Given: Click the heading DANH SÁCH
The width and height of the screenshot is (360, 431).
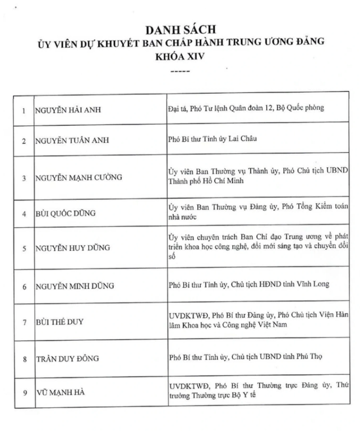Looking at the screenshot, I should tap(180, 28).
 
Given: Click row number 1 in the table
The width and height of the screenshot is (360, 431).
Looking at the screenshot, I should tap(24, 109).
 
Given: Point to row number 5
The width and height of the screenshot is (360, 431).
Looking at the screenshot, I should tap(24, 247).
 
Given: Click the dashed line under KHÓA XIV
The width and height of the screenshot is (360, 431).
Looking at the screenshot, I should tap(180, 71).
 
